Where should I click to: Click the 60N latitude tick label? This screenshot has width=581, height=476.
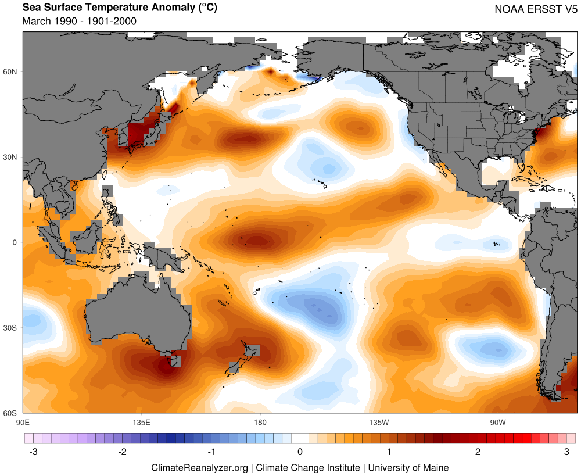pos(12,71)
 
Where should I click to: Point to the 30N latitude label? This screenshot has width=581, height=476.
pos(12,157)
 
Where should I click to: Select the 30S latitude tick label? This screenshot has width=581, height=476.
pos(12,328)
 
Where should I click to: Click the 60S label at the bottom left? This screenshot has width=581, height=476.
pos(12,413)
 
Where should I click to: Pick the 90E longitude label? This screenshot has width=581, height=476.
pos(24,421)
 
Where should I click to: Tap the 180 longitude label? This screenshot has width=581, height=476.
pos(260,421)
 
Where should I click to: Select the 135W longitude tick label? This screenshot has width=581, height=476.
pos(379,421)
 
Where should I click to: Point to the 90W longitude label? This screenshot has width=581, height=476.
pos(497,421)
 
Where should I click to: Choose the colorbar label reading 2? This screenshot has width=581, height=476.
pos(478,452)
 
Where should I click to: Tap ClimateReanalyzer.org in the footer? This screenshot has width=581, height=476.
pos(199,467)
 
